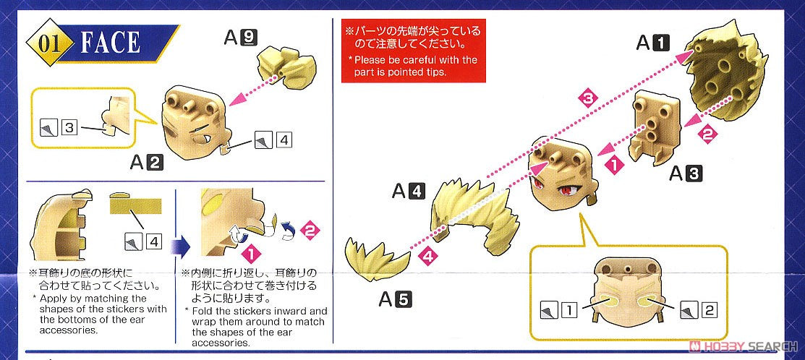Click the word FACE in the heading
pos(109,43)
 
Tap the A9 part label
pos(240,38)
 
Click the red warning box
pos(413,51)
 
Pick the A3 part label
pos(686,174)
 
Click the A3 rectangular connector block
pos(655,128)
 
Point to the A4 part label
pos(408,192)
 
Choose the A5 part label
pos(396,299)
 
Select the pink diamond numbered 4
pos(428,255)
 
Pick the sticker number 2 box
pos(708,309)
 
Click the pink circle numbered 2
pos(309,231)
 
